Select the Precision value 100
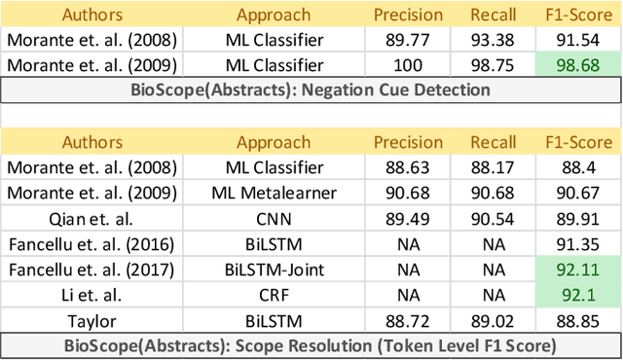[409, 65]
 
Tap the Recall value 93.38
[493, 40]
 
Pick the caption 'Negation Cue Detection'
[311, 90]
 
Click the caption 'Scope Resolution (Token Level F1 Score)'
[311, 344]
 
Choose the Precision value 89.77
[409, 40]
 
